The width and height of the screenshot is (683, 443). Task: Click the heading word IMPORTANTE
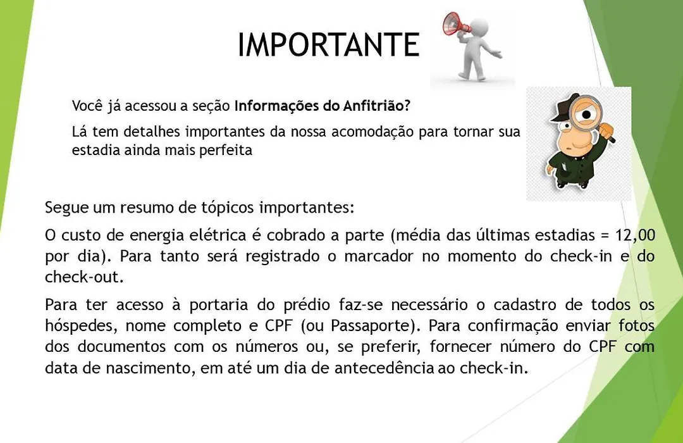coord(329,44)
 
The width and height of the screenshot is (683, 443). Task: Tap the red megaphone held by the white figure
coord(455,25)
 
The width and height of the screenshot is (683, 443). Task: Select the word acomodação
coord(372,132)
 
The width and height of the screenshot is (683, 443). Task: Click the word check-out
coord(83,277)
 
